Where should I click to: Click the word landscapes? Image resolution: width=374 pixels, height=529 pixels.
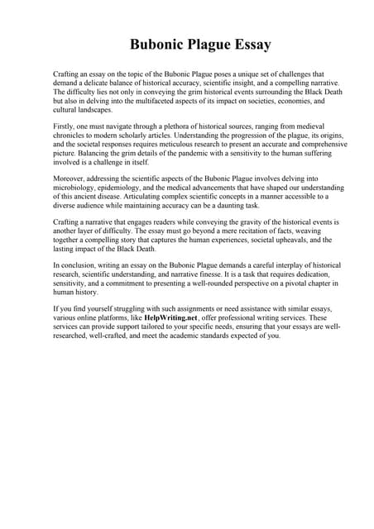pyautogui.click(x=93, y=107)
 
